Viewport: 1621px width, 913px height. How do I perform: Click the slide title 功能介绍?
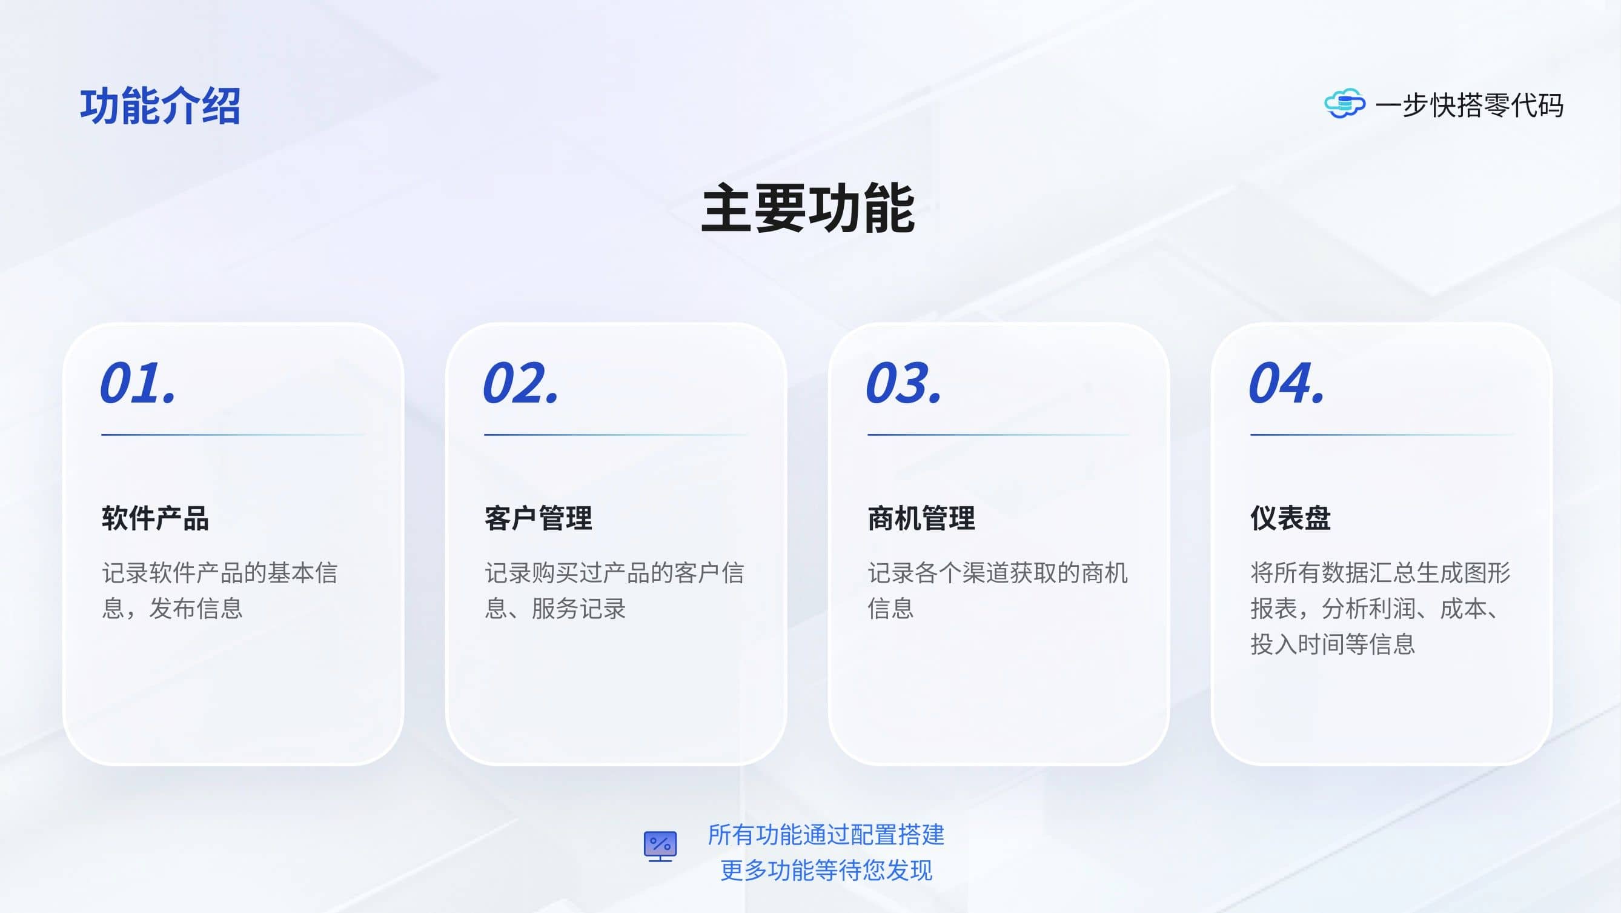tap(160, 105)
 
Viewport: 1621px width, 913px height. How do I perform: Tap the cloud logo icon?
tap(1345, 104)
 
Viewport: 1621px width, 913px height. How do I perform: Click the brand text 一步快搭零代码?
tap(1470, 105)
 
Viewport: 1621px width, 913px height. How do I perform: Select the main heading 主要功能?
tap(808, 209)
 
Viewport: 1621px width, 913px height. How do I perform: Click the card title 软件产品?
tap(156, 518)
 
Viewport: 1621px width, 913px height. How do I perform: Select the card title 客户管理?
tap(538, 518)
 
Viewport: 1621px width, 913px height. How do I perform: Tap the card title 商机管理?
tap(921, 518)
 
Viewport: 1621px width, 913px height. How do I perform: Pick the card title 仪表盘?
tap(1291, 518)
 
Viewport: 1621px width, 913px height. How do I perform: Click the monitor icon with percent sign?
tap(660, 846)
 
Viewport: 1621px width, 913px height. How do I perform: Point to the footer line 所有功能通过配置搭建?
tap(826, 835)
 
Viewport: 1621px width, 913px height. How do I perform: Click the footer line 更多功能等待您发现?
tap(826, 871)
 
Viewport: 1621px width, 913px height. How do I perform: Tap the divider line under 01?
tap(233, 435)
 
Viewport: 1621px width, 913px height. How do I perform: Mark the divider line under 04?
tap(1382, 435)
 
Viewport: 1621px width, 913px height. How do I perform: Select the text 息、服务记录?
tap(555, 608)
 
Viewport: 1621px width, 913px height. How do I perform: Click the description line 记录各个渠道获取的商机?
tap(998, 573)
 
